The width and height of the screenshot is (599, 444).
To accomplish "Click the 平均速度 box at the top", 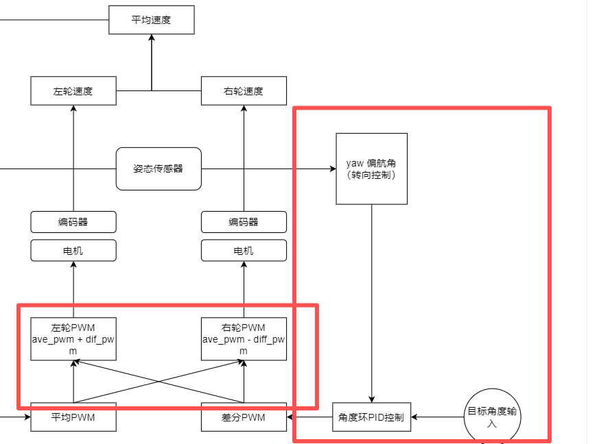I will pyautogui.click(x=152, y=20).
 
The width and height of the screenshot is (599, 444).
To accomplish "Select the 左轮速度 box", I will pyautogui.click(x=73, y=91).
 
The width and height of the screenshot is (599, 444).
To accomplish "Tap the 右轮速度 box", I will pyautogui.click(x=244, y=91).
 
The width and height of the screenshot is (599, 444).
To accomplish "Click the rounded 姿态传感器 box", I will pyautogui.click(x=158, y=169).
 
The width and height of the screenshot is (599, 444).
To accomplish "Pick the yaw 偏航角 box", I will pyautogui.click(x=371, y=169).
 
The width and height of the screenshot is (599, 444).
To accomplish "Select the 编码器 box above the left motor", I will pyautogui.click(x=73, y=222).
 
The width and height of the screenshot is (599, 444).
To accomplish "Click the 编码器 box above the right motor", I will pyautogui.click(x=244, y=222).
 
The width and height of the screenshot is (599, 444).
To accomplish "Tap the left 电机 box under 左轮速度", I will pyautogui.click(x=73, y=251).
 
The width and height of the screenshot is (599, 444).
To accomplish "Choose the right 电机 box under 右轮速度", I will pyautogui.click(x=244, y=251).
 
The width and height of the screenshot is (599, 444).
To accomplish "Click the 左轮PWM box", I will pyautogui.click(x=73, y=338).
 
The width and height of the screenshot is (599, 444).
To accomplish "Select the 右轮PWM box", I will pyautogui.click(x=244, y=338).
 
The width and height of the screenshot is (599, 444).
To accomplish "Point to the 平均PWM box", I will pyautogui.click(x=73, y=417).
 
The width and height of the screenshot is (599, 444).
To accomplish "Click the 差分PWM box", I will pyautogui.click(x=244, y=417).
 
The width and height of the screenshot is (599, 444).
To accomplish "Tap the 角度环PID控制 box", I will pyautogui.click(x=371, y=417).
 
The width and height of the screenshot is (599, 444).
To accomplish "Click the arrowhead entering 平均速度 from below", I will pyautogui.click(x=152, y=38).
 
